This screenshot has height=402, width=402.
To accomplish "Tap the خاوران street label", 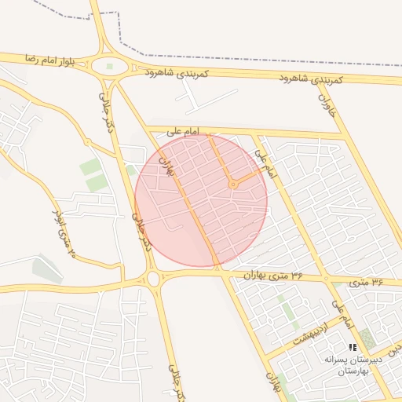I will click(x=327, y=102).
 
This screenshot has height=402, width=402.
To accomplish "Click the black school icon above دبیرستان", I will click(x=353, y=347).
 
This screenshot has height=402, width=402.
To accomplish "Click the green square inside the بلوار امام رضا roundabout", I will click(x=109, y=67).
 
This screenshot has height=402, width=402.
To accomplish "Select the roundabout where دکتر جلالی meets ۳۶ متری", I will click(x=153, y=277).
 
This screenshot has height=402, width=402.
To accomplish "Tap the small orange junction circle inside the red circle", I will click(x=232, y=185).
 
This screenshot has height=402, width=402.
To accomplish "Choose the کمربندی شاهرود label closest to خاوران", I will click(x=312, y=79).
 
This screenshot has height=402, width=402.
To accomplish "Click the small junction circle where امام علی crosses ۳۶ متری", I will click(x=325, y=278).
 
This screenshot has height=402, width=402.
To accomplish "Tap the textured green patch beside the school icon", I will click(x=367, y=340).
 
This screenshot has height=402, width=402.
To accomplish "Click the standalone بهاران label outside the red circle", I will click(x=274, y=383).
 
